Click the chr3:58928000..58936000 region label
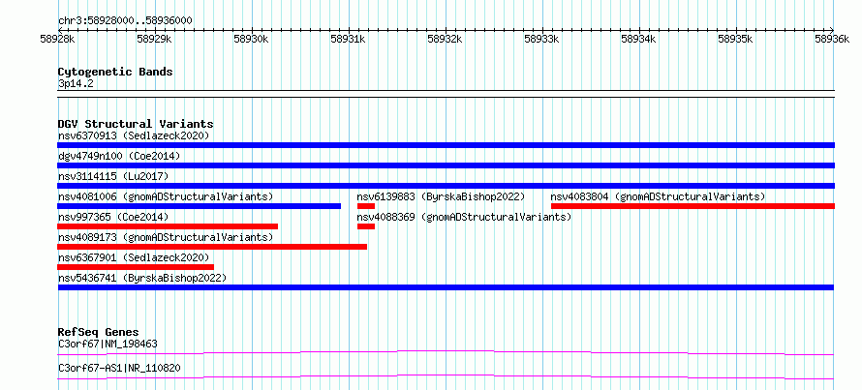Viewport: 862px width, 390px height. tap(125, 21)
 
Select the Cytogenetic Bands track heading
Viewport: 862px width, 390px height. tap(115, 72)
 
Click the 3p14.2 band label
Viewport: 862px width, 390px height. tap(75, 84)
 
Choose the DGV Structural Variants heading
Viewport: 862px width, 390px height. tap(136, 124)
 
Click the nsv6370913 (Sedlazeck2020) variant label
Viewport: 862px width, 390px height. tap(134, 135)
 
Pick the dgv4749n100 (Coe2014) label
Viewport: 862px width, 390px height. tap(119, 156)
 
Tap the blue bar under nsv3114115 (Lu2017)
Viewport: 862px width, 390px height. tap(446, 186)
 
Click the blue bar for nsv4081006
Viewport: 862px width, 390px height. tap(199, 206)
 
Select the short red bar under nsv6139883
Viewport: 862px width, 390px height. tap(366, 206)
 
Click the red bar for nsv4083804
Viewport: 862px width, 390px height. tap(693, 206)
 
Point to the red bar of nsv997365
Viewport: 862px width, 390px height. tap(168, 226)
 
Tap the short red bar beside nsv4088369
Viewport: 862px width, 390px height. tap(366, 226)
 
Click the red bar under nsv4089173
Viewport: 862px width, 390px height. tap(212, 247)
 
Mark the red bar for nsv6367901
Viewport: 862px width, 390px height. tap(136, 267)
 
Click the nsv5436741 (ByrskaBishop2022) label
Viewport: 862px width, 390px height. tap(142, 278)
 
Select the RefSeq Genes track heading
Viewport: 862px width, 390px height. tap(99, 332)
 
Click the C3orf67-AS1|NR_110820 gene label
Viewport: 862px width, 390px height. tap(119, 368)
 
